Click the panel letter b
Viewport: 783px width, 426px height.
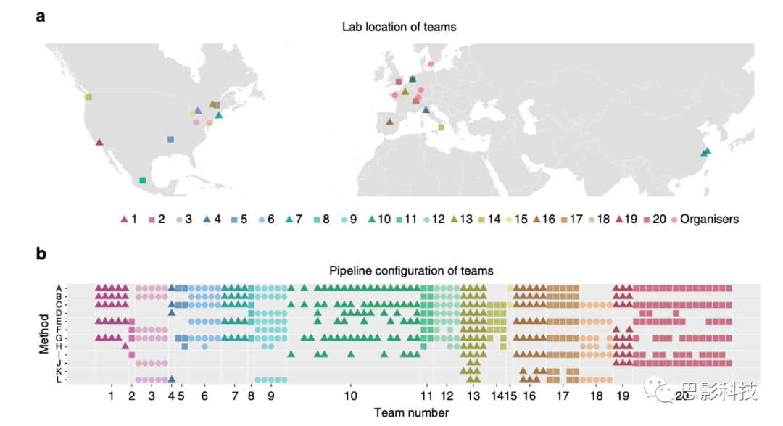tap(41, 254)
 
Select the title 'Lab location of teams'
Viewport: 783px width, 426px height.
tap(399, 28)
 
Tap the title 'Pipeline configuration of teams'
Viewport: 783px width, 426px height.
tap(411, 271)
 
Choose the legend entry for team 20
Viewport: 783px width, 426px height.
tap(654, 219)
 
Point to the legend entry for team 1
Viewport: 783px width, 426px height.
tap(128, 219)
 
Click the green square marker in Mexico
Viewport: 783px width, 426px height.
tap(143, 180)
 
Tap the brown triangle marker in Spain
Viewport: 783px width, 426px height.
tap(390, 122)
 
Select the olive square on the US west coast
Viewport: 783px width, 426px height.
tap(88, 97)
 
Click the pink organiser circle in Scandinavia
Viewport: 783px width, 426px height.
tap(431, 64)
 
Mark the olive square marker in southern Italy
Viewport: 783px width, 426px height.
tap(442, 128)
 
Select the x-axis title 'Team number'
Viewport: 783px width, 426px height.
tap(411, 413)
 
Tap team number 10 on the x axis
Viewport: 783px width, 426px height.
tap(350, 397)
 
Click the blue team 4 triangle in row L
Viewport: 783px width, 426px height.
tap(172, 379)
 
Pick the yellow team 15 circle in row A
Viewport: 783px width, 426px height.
tap(510, 288)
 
